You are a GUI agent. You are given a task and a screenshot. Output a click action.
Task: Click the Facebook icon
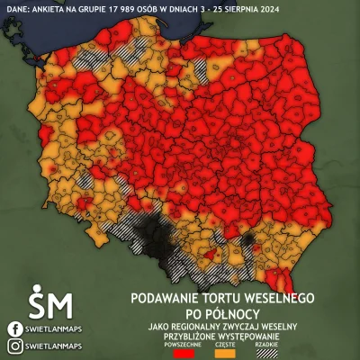tap(13, 328)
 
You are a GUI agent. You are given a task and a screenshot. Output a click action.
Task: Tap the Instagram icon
tap(13, 346)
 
